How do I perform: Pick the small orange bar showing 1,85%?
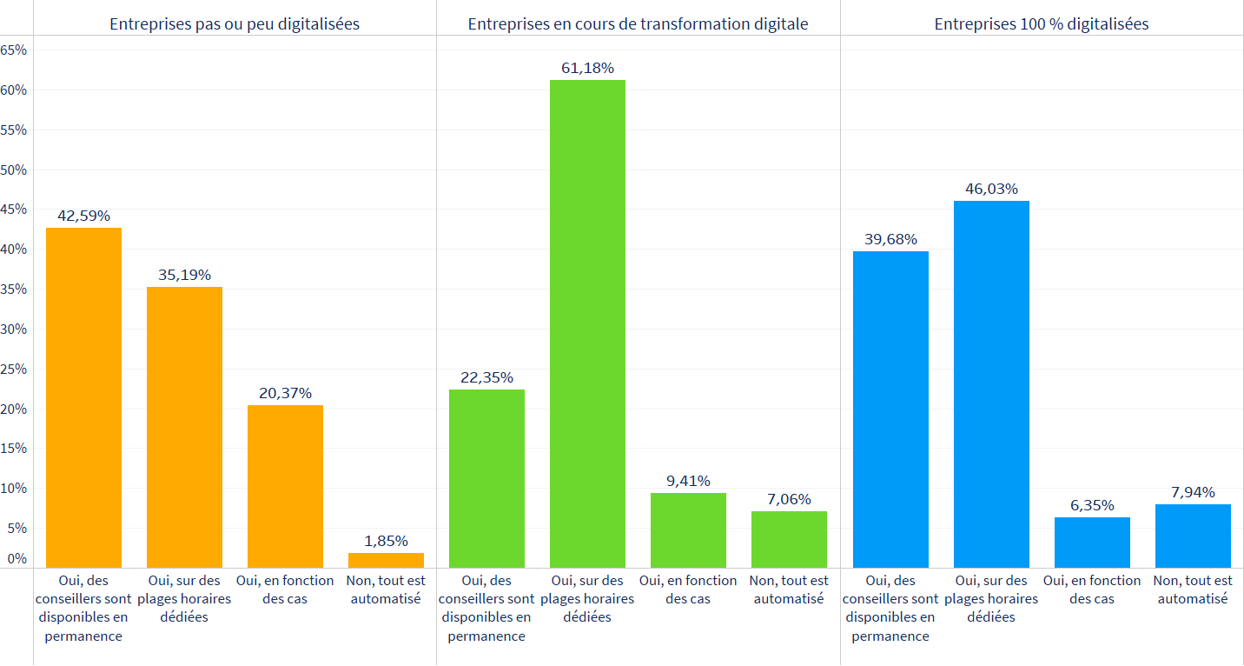[x=386, y=560]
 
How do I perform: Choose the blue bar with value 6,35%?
[x=1092, y=543]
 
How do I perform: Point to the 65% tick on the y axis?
[x=14, y=50]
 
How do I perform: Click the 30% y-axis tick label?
[x=14, y=330]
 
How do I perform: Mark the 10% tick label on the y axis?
[x=14, y=489]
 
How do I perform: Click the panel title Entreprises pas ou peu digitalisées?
[x=235, y=24]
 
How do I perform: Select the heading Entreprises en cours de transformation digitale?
[x=638, y=24]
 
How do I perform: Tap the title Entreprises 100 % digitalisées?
[x=1042, y=24]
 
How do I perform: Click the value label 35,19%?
[x=184, y=275]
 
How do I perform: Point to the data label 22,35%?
[x=486, y=377]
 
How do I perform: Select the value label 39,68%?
[x=890, y=239]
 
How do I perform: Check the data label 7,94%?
[x=1193, y=492]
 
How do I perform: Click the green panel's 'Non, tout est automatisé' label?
[x=789, y=589]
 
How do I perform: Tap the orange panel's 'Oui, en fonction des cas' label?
[x=285, y=589]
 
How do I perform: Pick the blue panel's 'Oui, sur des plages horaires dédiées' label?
[x=991, y=598]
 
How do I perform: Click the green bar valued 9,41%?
[x=688, y=530]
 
